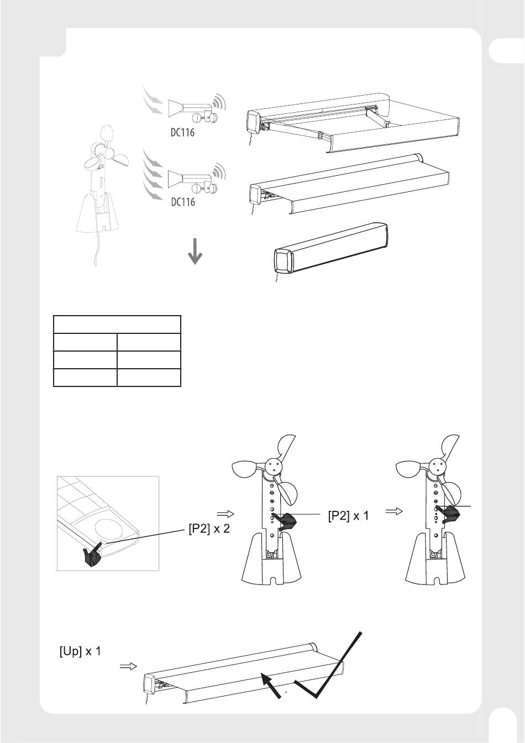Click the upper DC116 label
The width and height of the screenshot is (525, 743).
click(x=182, y=132)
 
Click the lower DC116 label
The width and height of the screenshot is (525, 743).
click(x=183, y=202)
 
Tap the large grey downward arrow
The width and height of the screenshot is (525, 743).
click(x=195, y=251)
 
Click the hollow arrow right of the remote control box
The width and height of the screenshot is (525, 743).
click(x=225, y=514)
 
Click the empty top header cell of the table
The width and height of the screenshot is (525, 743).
click(x=117, y=325)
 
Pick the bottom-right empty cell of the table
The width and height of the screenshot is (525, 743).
click(x=149, y=378)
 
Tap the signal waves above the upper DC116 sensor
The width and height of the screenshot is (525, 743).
click(x=218, y=101)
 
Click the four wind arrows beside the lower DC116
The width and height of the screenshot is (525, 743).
click(x=153, y=175)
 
